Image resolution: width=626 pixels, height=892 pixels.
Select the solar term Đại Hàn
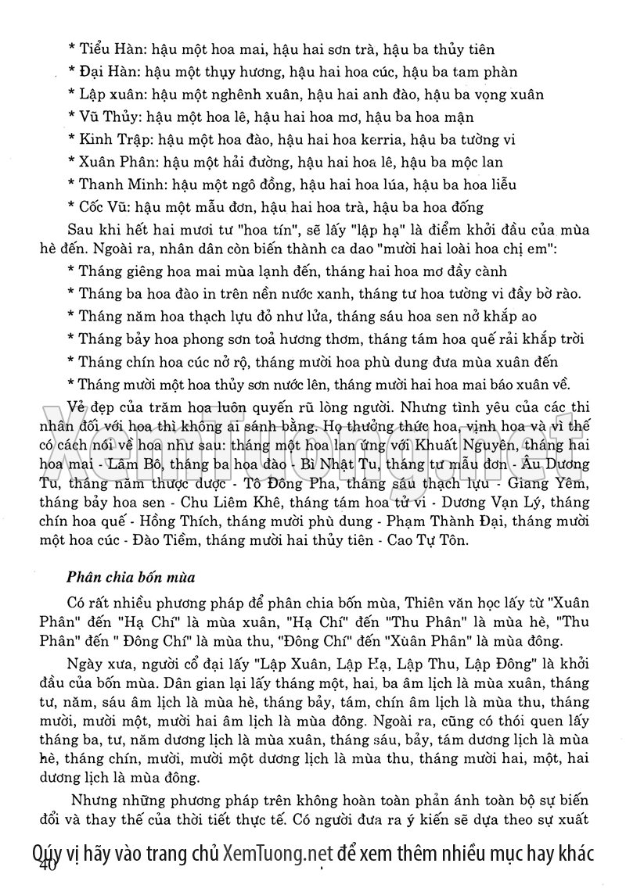click(x=108, y=73)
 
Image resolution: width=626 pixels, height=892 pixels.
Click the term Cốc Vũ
click(x=104, y=207)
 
